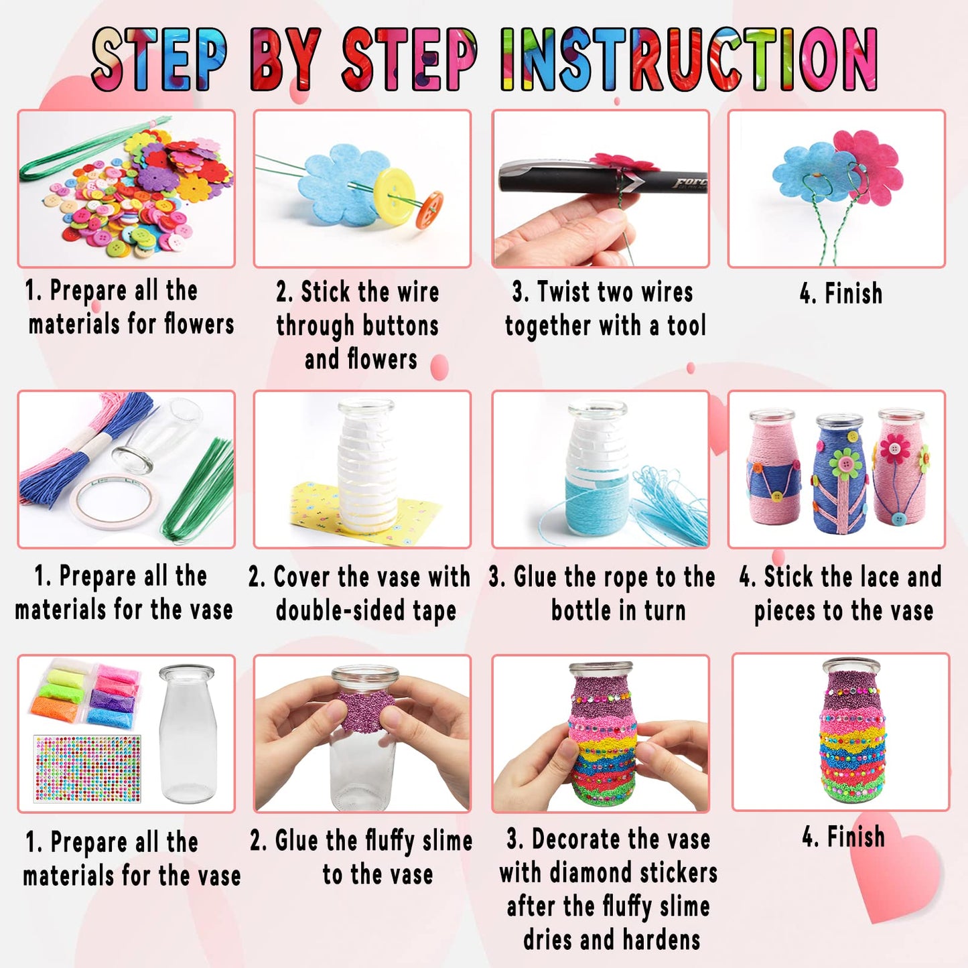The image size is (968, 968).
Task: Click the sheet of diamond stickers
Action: tap(87, 768)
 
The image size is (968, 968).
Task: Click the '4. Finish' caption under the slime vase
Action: tap(843, 837)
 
